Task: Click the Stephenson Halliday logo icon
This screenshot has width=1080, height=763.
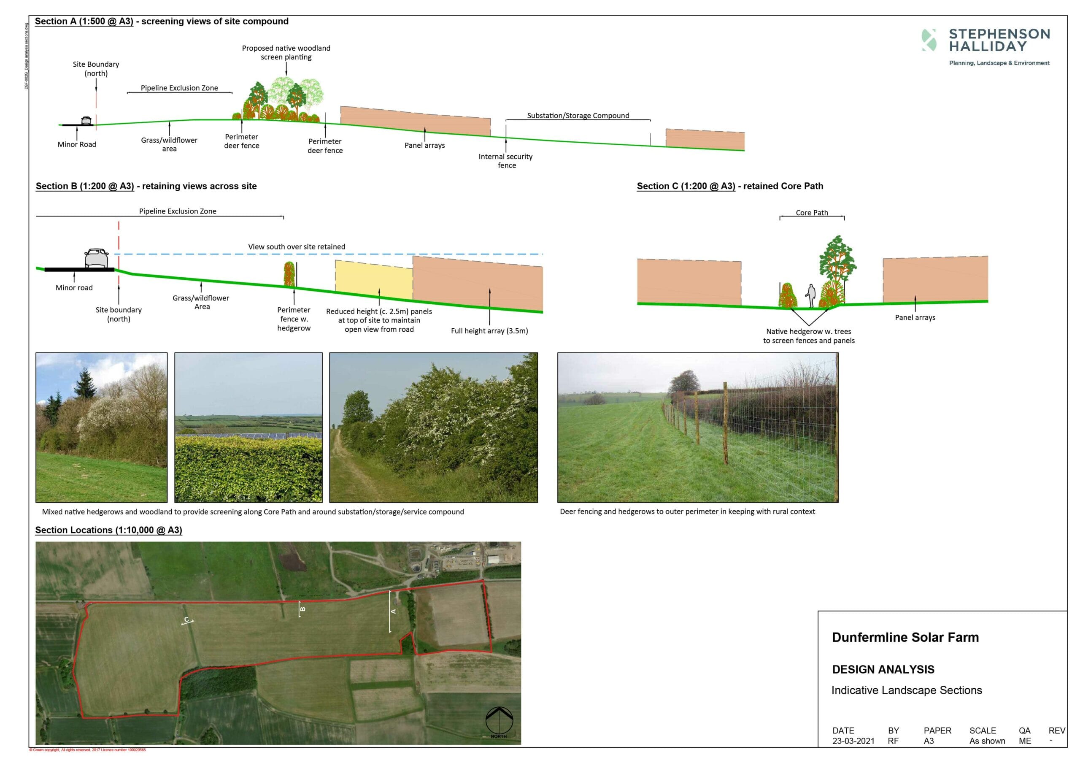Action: [929, 40]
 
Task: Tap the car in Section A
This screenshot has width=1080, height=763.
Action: [86, 121]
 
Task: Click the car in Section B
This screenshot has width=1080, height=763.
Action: [97, 258]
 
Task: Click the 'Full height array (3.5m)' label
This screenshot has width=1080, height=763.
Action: [489, 331]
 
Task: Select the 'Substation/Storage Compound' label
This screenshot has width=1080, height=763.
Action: [578, 115]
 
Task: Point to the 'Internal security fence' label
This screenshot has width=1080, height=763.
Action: [506, 161]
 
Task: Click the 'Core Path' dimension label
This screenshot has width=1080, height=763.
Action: [811, 213]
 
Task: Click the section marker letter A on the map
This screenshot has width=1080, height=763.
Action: [393, 611]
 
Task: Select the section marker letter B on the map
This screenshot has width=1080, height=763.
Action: [302, 609]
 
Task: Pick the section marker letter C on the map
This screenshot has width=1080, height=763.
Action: [187, 620]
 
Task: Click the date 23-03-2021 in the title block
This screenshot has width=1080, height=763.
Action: [853, 741]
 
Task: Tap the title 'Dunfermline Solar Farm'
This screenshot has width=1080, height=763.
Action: [905, 637]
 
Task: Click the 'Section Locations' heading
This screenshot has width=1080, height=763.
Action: [108, 530]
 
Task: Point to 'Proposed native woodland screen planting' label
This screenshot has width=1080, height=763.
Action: [286, 52]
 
